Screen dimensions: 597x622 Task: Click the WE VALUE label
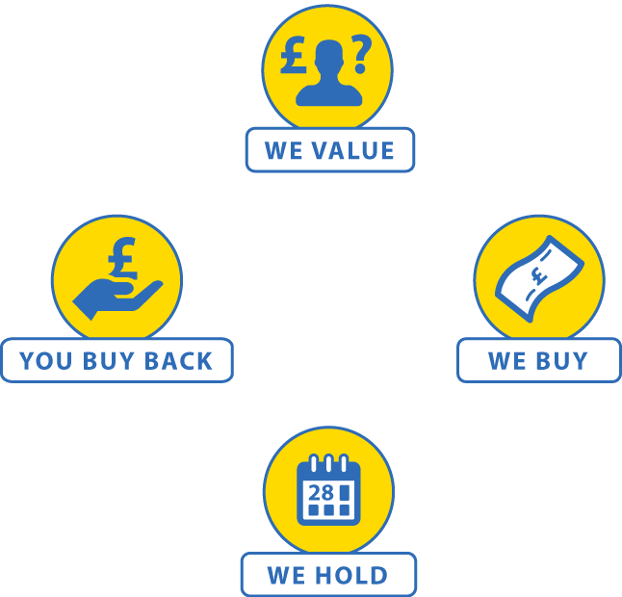tap(329, 150)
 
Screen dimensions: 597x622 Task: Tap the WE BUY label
tap(537, 361)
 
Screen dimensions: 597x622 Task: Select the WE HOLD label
tap(327, 576)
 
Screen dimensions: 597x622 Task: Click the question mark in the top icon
tap(359, 57)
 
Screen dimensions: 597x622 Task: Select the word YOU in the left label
tap(44, 361)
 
